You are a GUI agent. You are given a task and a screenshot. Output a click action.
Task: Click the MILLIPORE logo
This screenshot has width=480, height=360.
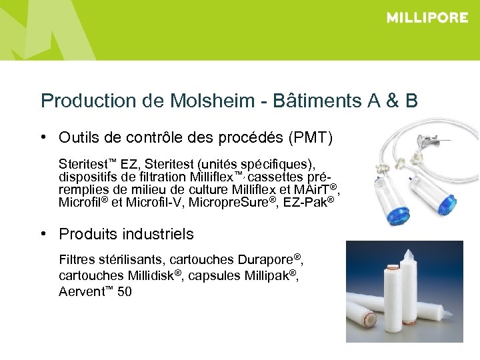(427, 18)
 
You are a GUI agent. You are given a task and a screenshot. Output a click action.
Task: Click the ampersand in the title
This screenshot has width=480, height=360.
(392, 101)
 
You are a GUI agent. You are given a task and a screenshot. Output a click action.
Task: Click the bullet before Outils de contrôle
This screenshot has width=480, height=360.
(43, 137)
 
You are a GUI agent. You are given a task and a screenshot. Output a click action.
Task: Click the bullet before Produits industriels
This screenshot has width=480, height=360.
(43, 234)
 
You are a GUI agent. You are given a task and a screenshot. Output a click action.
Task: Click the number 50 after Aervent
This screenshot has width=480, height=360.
(124, 291)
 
